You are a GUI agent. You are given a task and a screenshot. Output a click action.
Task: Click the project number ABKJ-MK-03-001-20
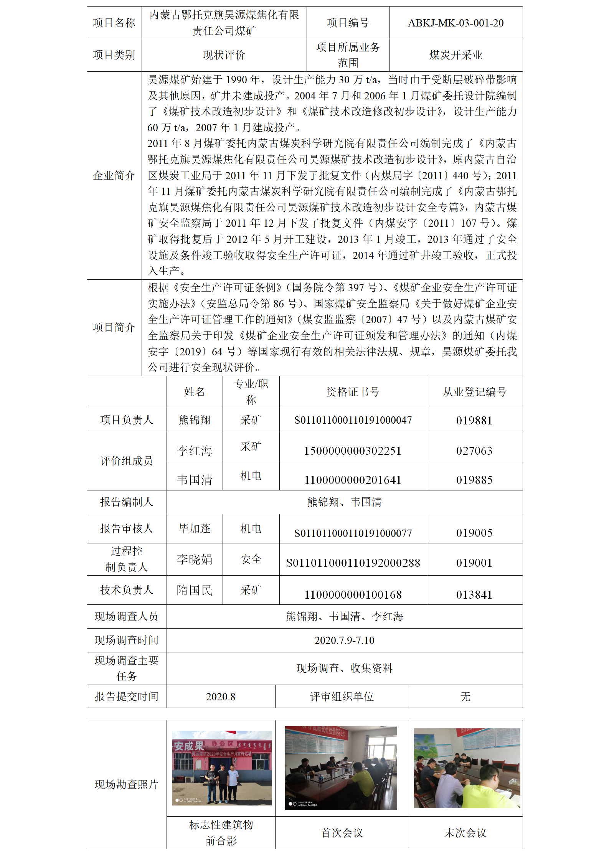pos(456,23)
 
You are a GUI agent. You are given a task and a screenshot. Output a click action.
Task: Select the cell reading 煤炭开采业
pos(456,55)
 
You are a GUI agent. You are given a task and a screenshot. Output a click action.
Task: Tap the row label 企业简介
pos(114,175)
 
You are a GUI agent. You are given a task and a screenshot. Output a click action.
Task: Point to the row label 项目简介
pos(114,327)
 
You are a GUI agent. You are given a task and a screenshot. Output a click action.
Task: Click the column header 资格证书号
pos(353,392)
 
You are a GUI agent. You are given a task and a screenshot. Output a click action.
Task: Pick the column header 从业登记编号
pos(474,392)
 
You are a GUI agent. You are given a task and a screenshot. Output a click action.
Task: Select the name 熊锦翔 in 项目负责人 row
pos(195,420)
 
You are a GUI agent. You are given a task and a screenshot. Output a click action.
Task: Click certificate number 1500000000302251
pos(353,451)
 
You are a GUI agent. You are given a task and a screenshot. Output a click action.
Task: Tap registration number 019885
pos(474,480)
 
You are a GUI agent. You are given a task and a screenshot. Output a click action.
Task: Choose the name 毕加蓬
pos(195,529)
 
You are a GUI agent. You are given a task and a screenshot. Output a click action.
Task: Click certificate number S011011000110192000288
pos(353,563)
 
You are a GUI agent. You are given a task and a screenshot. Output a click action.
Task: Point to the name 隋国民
pos(195,590)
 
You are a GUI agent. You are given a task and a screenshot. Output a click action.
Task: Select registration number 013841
pos(474,594)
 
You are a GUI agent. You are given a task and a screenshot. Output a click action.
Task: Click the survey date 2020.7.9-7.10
pos(344,640)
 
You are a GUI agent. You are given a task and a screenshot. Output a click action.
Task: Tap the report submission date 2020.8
pos(221,697)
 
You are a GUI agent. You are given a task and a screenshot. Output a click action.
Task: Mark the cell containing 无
pos(465,697)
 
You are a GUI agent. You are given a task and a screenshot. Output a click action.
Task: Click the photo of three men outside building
pos(221,768)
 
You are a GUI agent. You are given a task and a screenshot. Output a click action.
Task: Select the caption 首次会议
pos(342,832)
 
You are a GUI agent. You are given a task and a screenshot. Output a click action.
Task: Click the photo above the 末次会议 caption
pos(467,768)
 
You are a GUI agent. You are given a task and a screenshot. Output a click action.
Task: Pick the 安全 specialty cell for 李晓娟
pos(251,559)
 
